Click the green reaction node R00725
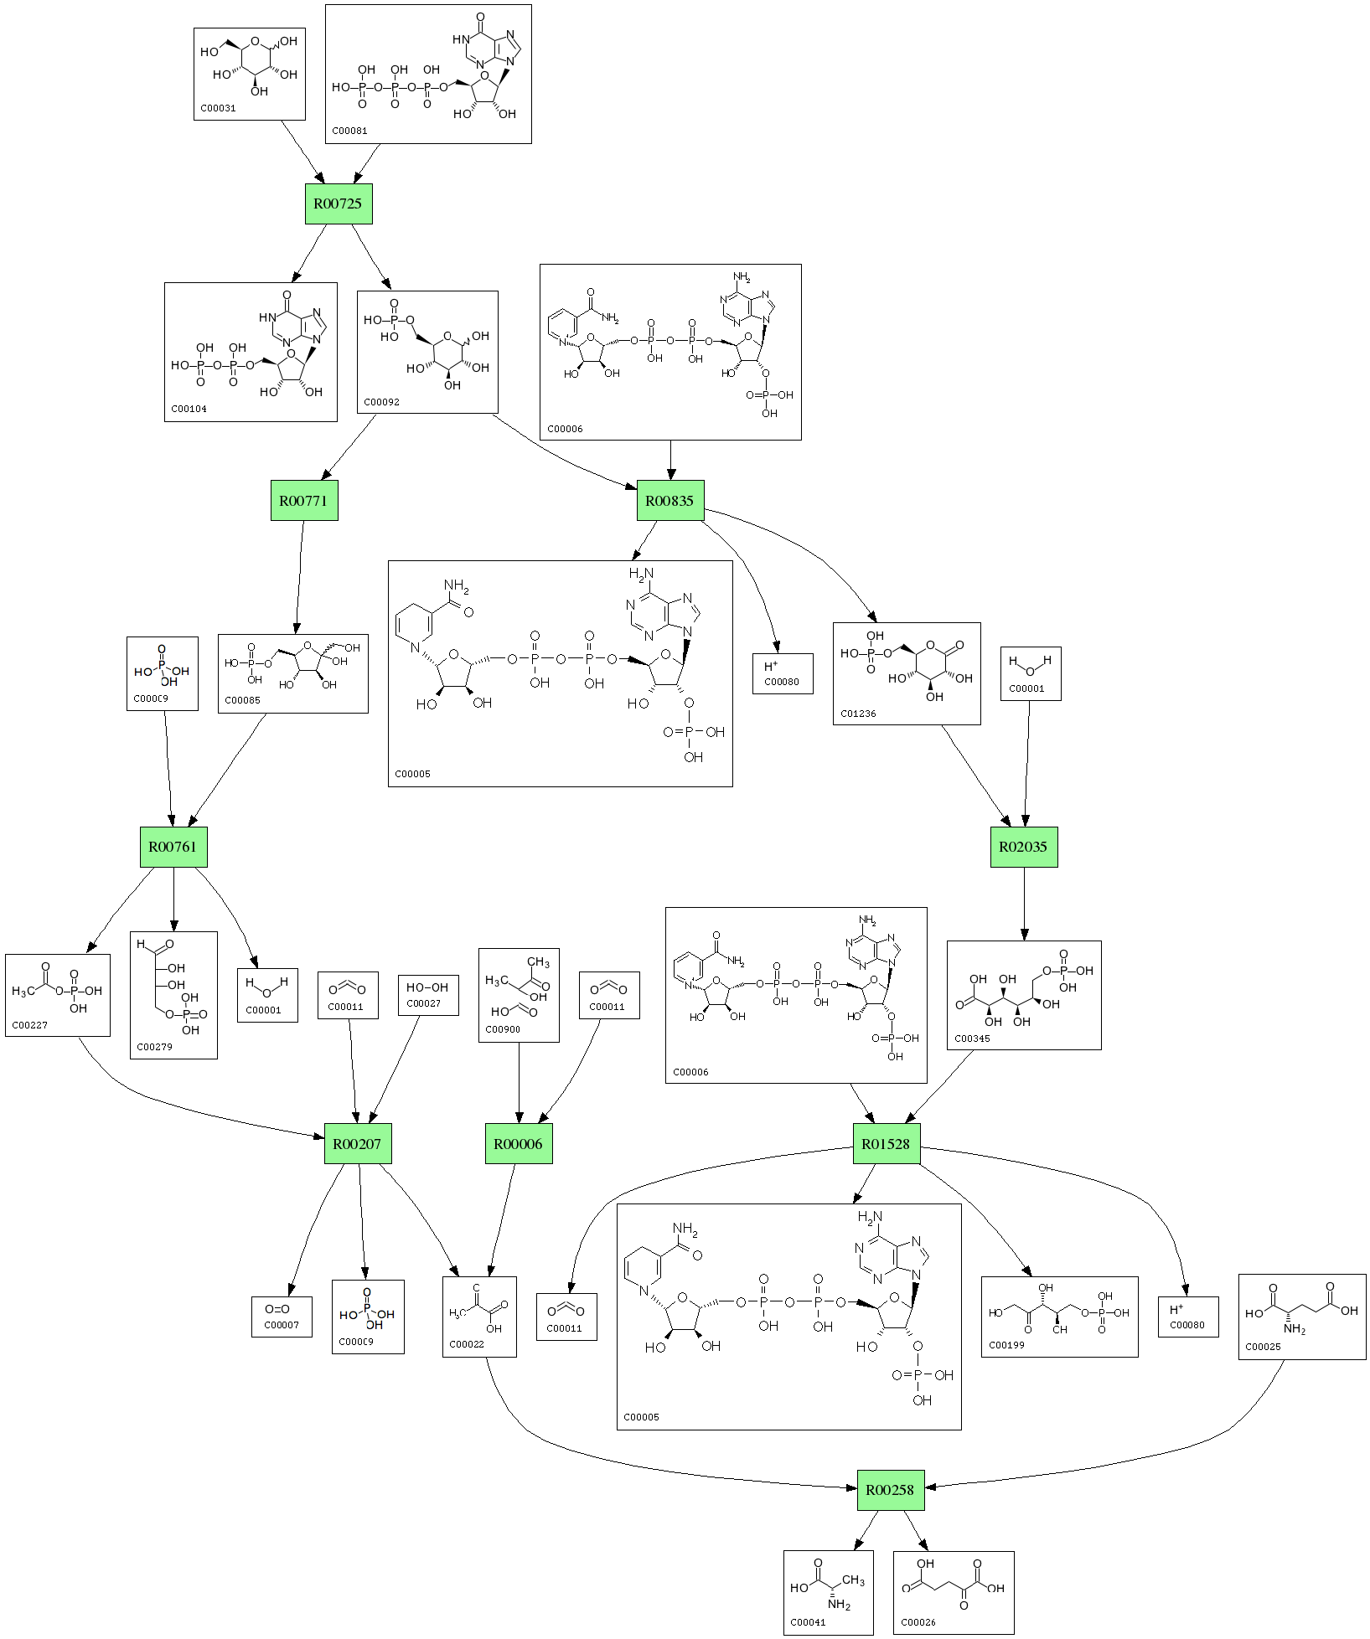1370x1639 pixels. pyautogui.click(x=338, y=204)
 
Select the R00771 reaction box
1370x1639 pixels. pyautogui.click(x=303, y=501)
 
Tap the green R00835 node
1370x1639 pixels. pyautogui.click(x=669, y=501)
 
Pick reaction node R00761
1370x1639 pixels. pyautogui.click(x=173, y=847)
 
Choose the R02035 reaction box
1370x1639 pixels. pyautogui.click(x=1023, y=847)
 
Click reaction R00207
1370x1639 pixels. pyautogui.click(x=357, y=1144)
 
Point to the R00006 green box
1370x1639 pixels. pyautogui.click(x=518, y=1144)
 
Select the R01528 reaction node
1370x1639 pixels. pyautogui.click(x=886, y=1144)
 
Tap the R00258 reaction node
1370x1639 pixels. pyautogui.click(x=890, y=1490)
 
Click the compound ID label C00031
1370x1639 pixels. pyautogui.click(x=218, y=108)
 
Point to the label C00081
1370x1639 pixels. pyautogui.click(x=349, y=131)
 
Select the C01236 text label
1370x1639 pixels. pyautogui.click(x=858, y=714)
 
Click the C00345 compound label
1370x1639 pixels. pyautogui.click(x=972, y=1039)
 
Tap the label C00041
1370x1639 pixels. pyautogui.click(x=808, y=1622)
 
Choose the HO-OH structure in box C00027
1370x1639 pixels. pyautogui.click(x=427, y=987)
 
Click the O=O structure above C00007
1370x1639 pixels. pyautogui.click(x=277, y=1309)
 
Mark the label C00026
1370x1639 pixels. pyautogui.click(x=918, y=1622)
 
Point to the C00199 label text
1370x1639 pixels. pyautogui.click(x=1006, y=1345)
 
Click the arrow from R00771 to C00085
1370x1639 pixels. pyautogui.click(x=299, y=578)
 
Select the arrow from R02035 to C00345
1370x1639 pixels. pyautogui.click(x=1023, y=905)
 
